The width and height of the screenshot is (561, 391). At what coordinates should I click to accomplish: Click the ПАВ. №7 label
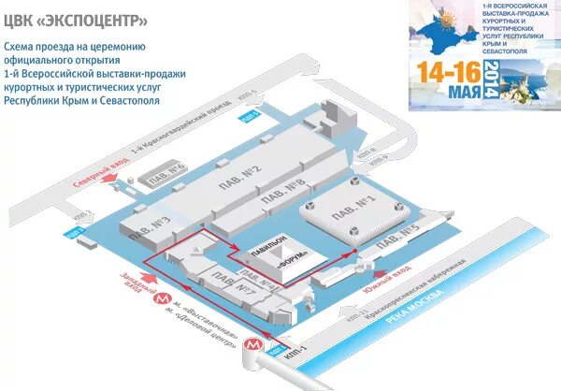pyautogui.click(x=248, y=291)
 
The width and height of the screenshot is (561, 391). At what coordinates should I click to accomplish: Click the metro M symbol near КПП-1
pyautogui.click(x=252, y=344)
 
